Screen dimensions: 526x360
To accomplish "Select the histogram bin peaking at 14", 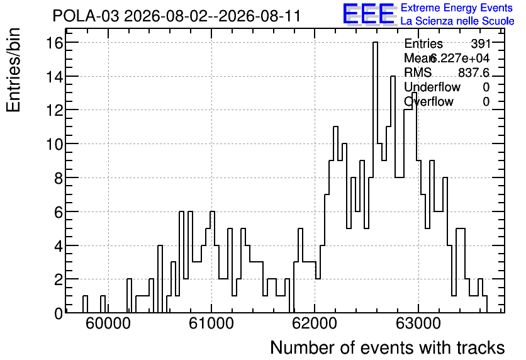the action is click(x=393, y=194).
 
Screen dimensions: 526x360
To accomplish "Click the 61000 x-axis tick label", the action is click(x=211, y=323).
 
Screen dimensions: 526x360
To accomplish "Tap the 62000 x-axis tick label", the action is click(x=315, y=323).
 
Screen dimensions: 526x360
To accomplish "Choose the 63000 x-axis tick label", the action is click(x=418, y=323).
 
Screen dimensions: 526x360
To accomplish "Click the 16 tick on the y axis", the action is click(x=54, y=43).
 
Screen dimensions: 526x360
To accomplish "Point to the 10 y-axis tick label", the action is click(x=54, y=144).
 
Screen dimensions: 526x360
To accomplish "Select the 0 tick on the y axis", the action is click(x=59, y=313).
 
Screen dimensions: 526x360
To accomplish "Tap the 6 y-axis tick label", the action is click(x=59, y=212).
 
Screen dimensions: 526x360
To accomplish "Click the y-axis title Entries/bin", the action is click(x=14, y=70).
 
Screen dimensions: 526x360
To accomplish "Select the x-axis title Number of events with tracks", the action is click(x=388, y=347).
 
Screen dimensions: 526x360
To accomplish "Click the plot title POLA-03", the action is click(x=86, y=16).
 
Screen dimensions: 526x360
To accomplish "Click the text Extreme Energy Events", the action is click(x=457, y=8).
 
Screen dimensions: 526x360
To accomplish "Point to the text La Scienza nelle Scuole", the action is click(x=457, y=21).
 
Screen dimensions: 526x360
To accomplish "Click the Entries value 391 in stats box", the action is click(x=480, y=43).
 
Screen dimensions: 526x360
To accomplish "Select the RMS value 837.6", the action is click(x=474, y=72).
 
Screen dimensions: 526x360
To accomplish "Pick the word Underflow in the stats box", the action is click(x=432, y=87).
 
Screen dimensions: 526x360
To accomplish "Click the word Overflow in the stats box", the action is click(x=428, y=102).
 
